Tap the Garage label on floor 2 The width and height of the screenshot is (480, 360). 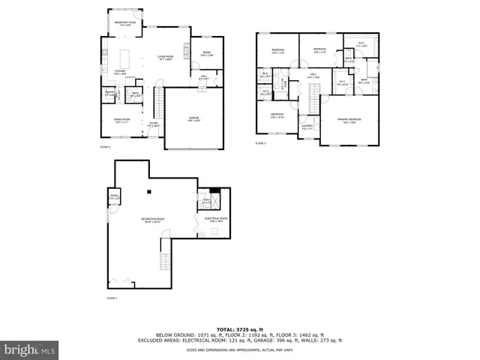tap(193, 118)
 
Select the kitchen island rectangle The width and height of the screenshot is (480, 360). tap(125, 58)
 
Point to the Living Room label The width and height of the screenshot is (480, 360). tap(165, 58)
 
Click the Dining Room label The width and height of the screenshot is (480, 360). tap(121, 121)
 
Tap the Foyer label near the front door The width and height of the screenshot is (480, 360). tap(153, 124)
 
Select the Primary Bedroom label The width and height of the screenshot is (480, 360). tap(349, 120)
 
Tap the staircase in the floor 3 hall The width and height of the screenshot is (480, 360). tap(314, 94)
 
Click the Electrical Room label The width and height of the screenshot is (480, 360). tap(215, 220)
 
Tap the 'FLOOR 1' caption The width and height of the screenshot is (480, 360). tap(112, 298)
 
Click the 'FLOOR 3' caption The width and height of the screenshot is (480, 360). tap(260, 142)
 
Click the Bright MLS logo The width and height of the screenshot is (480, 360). tap(30, 349)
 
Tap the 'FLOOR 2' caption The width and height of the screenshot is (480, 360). tap(105, 147)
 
